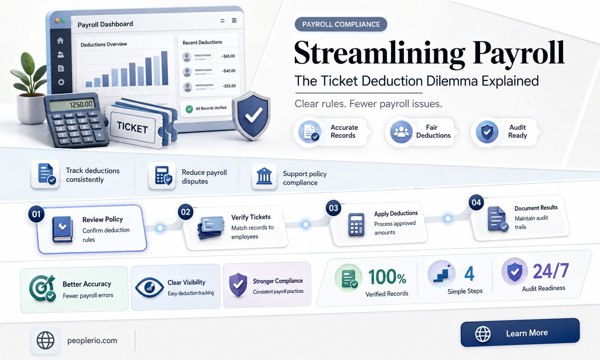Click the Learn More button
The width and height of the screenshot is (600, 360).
[x=520, y=333]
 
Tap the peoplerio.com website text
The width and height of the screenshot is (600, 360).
[x=92, y=340]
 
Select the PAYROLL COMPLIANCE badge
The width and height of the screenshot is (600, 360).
[x=341, y=24]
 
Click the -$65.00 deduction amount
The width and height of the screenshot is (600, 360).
[x=228, y=56]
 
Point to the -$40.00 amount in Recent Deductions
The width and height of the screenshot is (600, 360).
[x=229, y=71]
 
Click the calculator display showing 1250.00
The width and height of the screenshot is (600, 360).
[x=72, y=105]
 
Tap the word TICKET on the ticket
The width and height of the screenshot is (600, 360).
[x=132, y=127]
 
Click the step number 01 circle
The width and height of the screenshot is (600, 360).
[x=36, y=214]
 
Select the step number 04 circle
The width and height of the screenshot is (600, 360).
[x=476, y=202]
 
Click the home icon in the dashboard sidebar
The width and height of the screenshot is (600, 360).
[x=60, y=40]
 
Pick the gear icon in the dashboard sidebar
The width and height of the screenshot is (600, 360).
[x=61, y=82]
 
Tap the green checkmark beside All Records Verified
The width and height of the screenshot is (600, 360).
[x=189, y=109]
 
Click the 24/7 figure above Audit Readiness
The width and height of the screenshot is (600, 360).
[x=551, y=271]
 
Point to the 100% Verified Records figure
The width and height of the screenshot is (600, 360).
[x=387, y=277]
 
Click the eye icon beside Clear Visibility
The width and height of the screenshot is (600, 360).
[x=149, y=287]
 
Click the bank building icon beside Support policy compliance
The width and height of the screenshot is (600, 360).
[x=264, y=176]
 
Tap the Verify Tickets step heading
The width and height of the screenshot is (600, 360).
[x=251, y=217]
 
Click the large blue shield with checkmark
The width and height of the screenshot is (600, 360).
[x=251, y=115]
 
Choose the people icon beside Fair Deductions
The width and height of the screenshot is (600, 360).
[x=401, y=132]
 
